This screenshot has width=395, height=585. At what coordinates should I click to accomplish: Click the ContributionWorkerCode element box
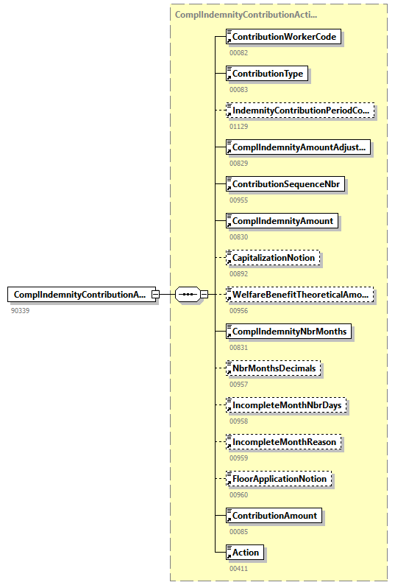(x=285, y=37)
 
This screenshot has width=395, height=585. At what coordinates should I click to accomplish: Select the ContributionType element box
(x=268, y=74)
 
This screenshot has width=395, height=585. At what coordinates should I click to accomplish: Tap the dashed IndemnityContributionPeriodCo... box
(x=301, y=111)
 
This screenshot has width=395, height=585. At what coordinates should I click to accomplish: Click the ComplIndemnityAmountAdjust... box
(x=299, y=147)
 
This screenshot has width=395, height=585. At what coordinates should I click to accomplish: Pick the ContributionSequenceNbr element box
(x=286, y=184)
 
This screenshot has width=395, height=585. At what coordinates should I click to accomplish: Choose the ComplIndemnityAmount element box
(x=282, y=221)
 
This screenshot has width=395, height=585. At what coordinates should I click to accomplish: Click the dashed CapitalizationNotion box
(x=273, y=258)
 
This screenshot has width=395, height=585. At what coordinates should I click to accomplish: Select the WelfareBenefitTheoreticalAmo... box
(x=301, y=295)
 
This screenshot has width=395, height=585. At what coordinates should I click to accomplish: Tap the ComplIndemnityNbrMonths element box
(x=289, y=332)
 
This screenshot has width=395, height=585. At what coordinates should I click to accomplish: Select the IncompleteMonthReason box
(x=284, y=442)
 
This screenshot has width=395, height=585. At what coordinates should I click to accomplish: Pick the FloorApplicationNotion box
(x=280, y=479)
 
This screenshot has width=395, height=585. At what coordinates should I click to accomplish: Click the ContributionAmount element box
(x=275, y=516)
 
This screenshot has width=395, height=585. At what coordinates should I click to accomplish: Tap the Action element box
(x=246, y=553)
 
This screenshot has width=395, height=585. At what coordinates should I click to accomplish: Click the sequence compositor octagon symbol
(x=188, y=295)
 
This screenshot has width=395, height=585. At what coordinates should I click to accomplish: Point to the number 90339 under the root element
(x=21, y=311)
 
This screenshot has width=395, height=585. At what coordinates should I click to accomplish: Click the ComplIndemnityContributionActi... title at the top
(x=246, y=15)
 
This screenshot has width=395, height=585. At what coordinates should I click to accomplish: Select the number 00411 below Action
(x=239, y=568)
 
